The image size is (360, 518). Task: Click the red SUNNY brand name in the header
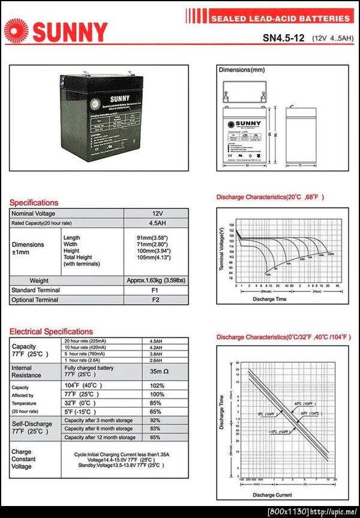coord(70,32)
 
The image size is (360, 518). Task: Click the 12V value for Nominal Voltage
coord(157,213)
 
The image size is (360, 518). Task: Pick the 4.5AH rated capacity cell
coord(157,223)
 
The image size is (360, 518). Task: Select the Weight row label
coord(39,281)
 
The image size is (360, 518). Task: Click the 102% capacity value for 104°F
coord(157,386)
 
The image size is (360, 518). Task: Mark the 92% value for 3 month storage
coord(157,420)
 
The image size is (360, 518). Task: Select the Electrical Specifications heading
coord(51,332)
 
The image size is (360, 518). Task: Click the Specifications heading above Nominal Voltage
coord(34,203)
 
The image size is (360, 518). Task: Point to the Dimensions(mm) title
coord(242,70)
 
